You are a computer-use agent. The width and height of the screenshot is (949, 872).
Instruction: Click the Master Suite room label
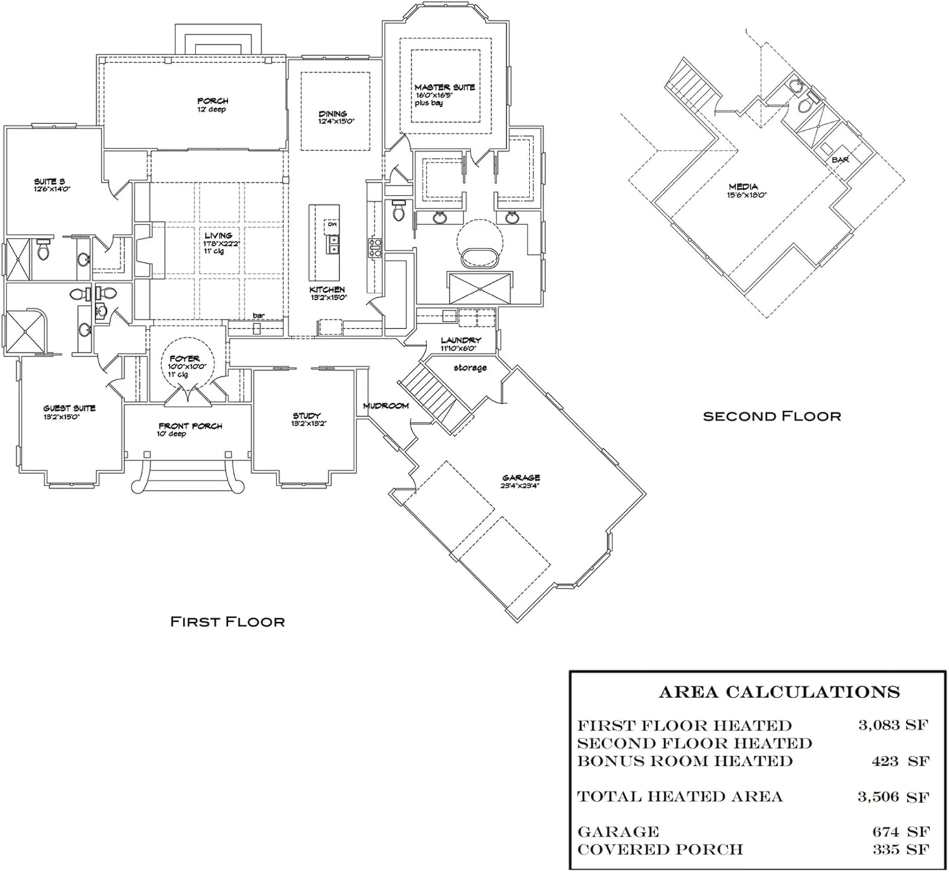(444, 87)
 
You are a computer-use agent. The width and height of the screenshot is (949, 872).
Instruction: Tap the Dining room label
(332, 114)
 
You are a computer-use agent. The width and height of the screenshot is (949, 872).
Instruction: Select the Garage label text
(521, 478)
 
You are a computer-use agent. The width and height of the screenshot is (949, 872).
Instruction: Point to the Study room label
(306, 415)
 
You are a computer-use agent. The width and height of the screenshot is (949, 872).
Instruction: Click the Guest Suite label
(69, 408)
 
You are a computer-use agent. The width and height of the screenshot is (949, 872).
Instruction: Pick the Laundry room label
(461, 340)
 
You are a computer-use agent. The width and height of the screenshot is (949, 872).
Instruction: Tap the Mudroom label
(385, 405)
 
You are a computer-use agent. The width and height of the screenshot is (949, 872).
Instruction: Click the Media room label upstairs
(743, 187)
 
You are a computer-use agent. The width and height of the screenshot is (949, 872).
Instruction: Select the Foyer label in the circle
(184, 359)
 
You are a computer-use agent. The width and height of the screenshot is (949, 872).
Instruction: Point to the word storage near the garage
(470, 368)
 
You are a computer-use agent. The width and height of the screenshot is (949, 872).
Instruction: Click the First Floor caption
(227, 622)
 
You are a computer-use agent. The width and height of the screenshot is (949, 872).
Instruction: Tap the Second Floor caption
(772, 416)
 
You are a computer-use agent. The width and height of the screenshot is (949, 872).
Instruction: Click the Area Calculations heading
(779, 692)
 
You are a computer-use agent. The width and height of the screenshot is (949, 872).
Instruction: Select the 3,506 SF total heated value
(893, 797)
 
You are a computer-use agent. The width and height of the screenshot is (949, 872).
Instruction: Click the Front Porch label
(190, 426)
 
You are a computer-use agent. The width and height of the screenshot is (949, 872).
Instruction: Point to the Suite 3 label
(49, 181)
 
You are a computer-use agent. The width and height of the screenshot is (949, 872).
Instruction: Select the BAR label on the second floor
(840, 160)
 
